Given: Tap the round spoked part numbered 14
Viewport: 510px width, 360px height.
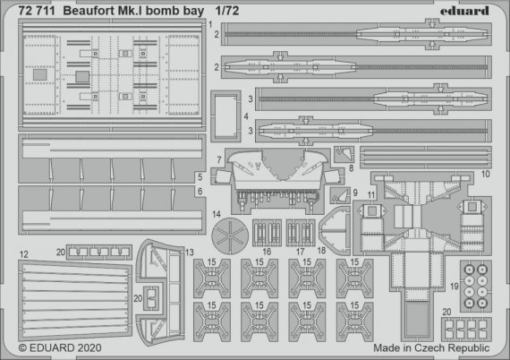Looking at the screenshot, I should pos(231,235).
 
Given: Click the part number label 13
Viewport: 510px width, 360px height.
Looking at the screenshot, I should pos(189,253).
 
